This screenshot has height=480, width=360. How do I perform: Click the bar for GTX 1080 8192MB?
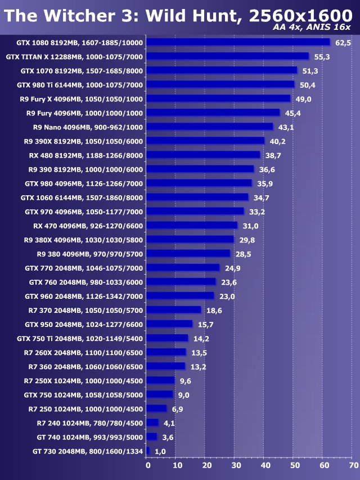238,42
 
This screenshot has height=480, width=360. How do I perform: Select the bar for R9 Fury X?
218,98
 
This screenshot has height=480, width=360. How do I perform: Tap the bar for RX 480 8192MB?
203,155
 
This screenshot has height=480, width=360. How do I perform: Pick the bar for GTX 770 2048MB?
183,268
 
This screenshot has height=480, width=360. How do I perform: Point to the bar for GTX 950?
169,324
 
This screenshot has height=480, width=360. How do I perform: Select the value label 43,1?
286,127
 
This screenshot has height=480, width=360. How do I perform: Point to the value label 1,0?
160,451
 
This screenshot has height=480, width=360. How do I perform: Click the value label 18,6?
214,310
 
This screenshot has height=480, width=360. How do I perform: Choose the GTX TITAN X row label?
75,56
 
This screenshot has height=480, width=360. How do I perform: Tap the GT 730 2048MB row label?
88,451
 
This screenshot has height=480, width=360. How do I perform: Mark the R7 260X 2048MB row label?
83,352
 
